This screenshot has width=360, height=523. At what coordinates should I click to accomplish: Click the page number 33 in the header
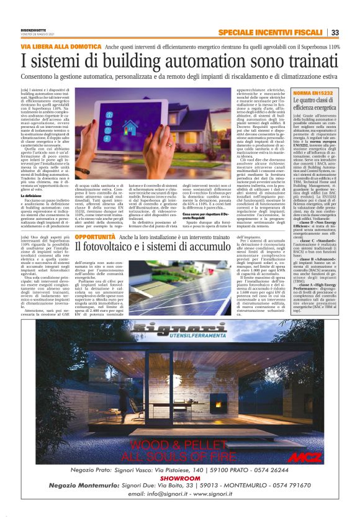click(335, 32)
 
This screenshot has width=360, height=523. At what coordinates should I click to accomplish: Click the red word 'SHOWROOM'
click(179, 479)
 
